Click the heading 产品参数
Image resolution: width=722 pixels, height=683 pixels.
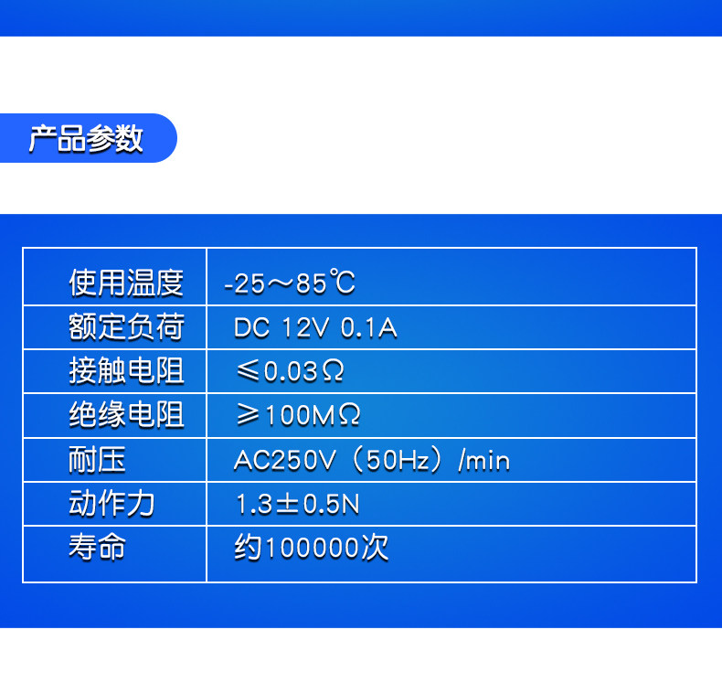click(x=86, y=138)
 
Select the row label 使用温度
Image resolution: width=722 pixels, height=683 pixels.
click(x=126, y=283)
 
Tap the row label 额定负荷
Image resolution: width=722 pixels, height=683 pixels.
click(x=126, y=326)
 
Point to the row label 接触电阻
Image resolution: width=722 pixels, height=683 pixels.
click(x=126, y=370)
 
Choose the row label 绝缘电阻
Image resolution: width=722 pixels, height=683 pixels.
click(x=126, y=414)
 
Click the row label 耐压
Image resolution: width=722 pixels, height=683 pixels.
click(x=97, y=459)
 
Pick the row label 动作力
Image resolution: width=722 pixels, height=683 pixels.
click(x=111, y=503)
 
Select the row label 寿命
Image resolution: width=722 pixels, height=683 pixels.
click(x=97, y=547)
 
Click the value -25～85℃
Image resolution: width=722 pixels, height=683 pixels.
click(x=290, y=283)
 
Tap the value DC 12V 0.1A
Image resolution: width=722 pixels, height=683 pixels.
click(x=315, y=328)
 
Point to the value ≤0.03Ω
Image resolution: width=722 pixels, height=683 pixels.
click(x=290, y=371)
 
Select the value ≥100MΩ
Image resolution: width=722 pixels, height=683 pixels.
click(x=298, y=415)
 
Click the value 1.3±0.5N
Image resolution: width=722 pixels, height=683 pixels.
click(x=297, y=504)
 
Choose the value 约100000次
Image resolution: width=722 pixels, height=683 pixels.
click(x=312, y=548)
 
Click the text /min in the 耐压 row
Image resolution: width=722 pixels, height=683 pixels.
click(x=484, y=460)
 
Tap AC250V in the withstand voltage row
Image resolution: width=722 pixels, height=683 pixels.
click(x=284, y=461)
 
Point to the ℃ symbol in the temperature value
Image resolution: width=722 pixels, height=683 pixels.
click(x=342, y=282)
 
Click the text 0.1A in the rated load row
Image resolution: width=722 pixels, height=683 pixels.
click(x=369, y=328)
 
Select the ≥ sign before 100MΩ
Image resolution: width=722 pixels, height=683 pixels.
click(x=248, y=414)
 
